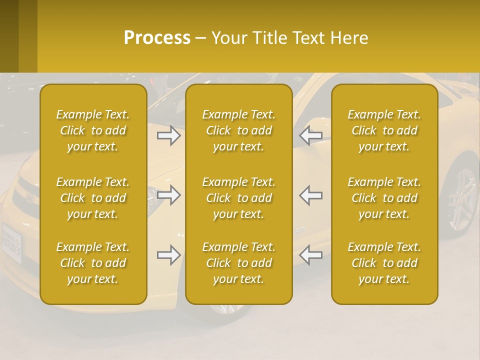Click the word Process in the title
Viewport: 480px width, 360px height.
(157, 38)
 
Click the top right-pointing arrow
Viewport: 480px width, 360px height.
(169, 135)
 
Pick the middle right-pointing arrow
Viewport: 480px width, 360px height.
(169, 195)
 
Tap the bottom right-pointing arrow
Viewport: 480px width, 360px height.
(169, 255)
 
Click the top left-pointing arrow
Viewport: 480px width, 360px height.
(311, 135)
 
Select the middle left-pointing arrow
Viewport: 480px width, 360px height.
(311, 195)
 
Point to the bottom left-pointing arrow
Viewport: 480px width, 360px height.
(311, 255)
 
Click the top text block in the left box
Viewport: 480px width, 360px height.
(93, 130)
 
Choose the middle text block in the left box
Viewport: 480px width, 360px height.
(93, 198)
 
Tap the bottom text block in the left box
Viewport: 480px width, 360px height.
(93, 263)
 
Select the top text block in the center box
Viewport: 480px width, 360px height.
(239, 130)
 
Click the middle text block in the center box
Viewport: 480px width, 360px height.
(239, 198)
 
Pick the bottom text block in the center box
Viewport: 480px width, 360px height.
(239, 263)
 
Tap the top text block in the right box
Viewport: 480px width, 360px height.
(384, 130)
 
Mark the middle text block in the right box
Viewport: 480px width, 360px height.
(384, 198)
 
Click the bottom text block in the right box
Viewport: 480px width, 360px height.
(384, 263)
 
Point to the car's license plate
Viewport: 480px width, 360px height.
(12, 242)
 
